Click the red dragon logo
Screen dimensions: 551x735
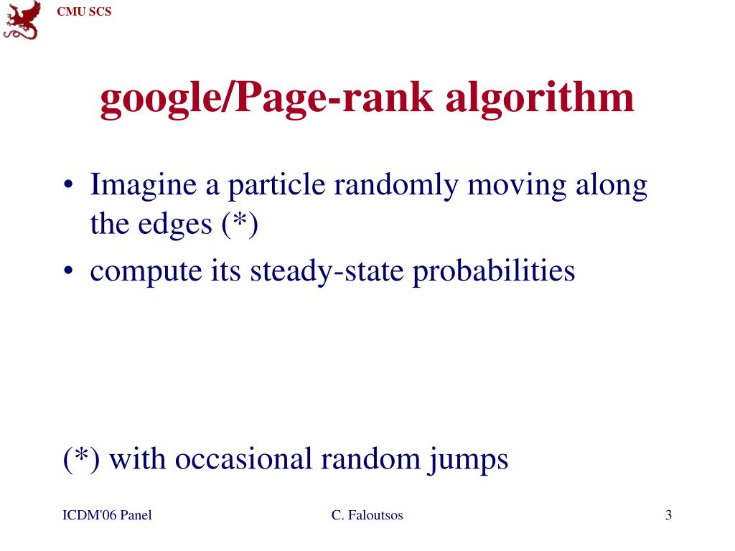coord(22,20)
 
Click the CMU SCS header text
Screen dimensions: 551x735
coord(85,11)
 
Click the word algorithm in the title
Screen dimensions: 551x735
coord(540,99)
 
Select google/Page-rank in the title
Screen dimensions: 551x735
coord(267,99)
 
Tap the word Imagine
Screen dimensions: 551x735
coord(143,187)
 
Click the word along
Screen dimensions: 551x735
coord(612,187)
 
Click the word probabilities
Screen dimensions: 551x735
coord(494,271)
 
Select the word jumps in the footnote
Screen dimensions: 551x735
coord(469,459)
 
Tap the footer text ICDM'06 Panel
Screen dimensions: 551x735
coord(107,515)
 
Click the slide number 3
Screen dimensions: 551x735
coord(668,515)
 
